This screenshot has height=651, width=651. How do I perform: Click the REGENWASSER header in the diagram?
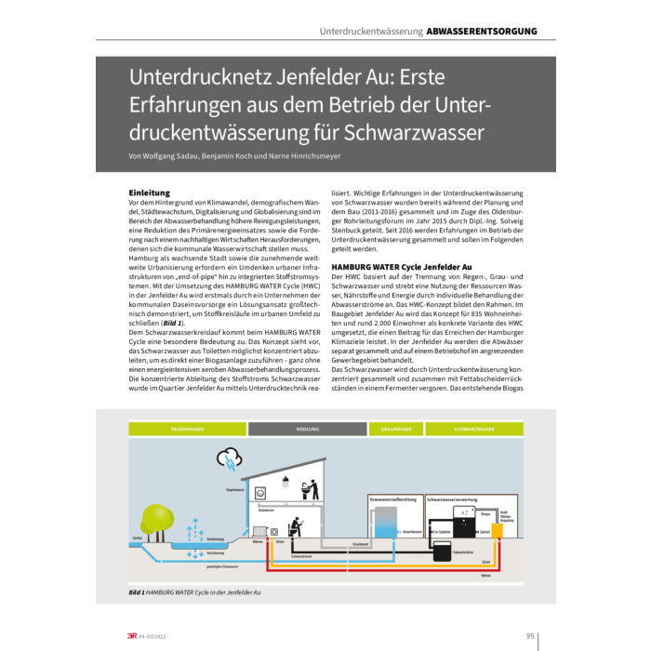(x=187, y=430)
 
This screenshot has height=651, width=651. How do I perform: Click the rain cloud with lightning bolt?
(x=228, y=458)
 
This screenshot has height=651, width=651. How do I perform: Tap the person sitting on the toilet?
(x=297, y=527)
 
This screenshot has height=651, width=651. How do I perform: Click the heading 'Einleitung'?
(x=149, y=193)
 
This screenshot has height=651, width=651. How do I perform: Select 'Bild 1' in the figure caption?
(x=136, y=591)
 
